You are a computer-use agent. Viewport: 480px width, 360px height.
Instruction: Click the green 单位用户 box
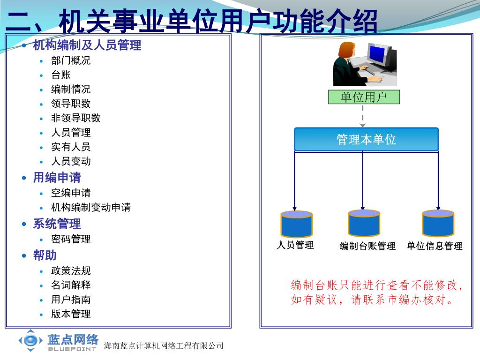tap(364, 97)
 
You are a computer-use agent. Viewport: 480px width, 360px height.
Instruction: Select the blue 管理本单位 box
tap(366, 139)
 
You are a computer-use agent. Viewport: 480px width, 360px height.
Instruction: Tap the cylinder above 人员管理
tap(296, 224)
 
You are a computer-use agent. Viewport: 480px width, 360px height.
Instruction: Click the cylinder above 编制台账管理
tap(364, 223)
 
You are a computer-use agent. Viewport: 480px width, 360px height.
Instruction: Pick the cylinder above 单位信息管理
tap(438, 223)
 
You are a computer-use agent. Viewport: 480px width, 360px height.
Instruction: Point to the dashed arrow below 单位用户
tap(363, 116)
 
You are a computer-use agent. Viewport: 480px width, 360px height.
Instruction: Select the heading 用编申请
tap(57, 178)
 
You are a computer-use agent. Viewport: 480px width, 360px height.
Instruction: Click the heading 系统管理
tap(57, 224)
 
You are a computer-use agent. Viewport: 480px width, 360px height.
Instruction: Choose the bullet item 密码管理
tap(71, 239)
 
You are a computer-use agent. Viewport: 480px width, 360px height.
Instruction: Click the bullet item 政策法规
tap(71, 270)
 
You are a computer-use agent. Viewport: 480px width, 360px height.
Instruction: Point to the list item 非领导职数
tap(75, 118)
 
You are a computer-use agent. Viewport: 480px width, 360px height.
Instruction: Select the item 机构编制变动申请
tap(90, 207)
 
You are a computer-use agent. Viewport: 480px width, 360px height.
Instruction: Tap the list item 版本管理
tap(71, 314)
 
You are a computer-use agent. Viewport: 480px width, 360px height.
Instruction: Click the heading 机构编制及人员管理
tap(87, 45)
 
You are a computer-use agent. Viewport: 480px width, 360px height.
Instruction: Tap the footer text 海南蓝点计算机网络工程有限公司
tap(164, 346)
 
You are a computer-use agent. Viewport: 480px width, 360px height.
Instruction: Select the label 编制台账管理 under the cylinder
tap(367, 246)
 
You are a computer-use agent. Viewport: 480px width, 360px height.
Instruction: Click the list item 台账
tap(61, 75)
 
